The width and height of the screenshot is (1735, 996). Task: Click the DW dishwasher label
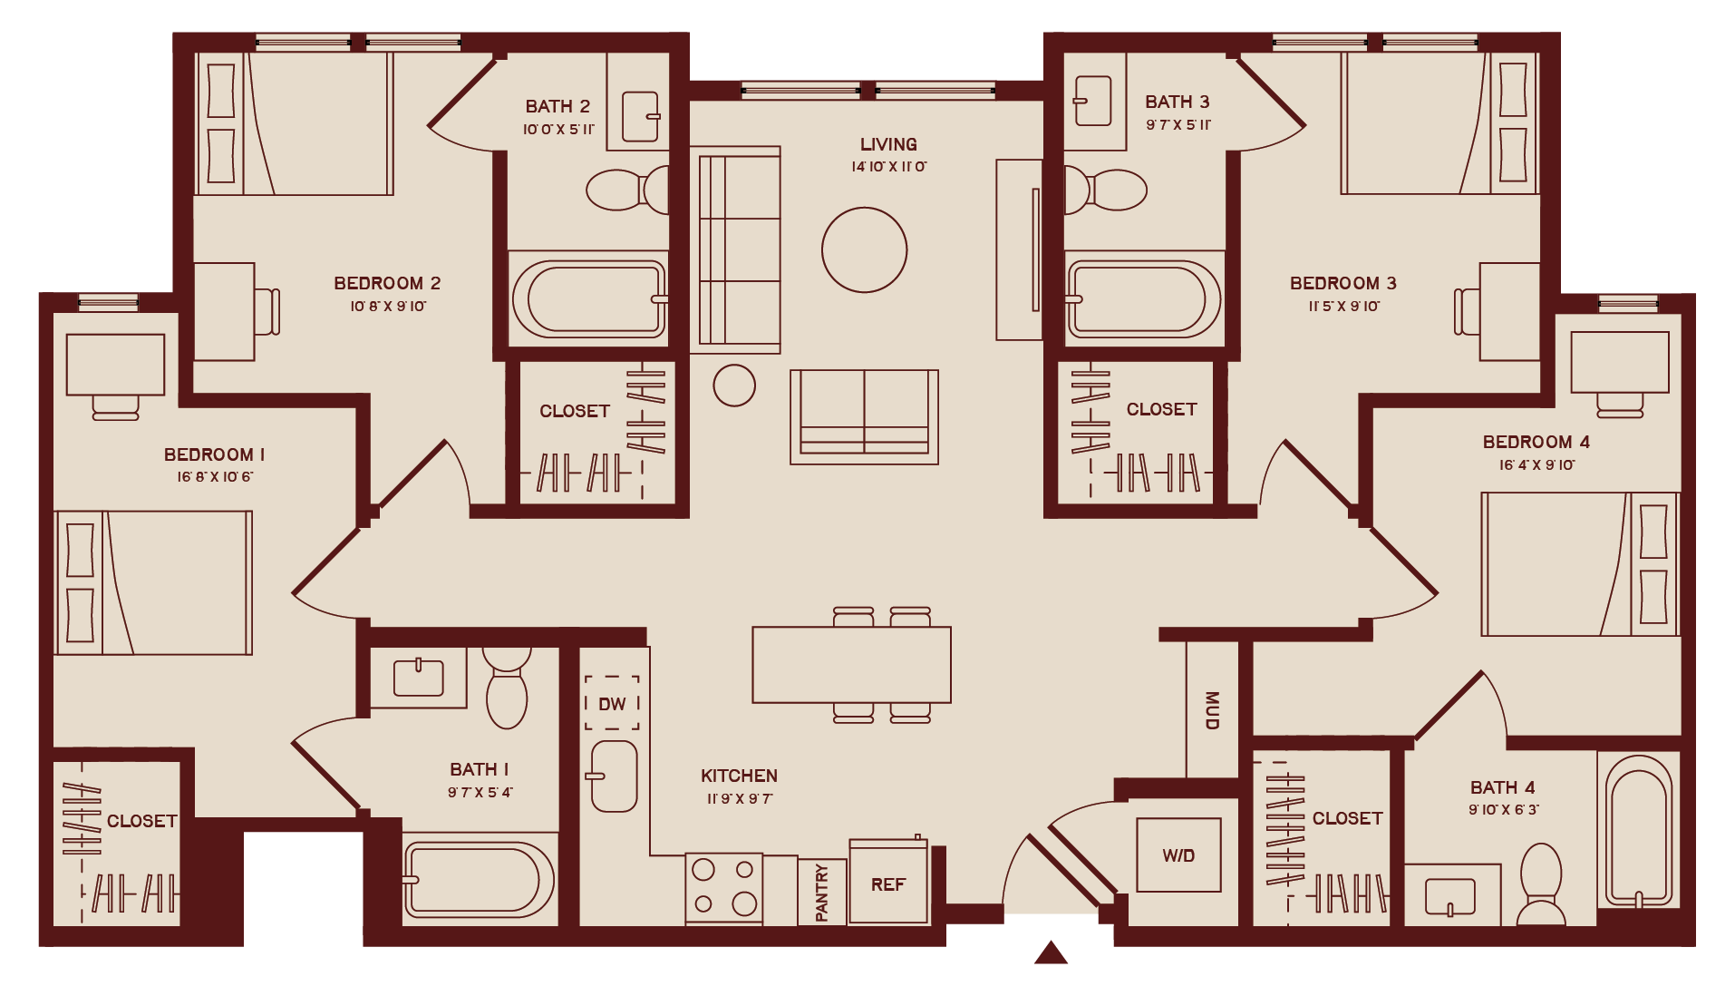click(612, 704)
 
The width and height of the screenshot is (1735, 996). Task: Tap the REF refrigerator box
click(888, 882)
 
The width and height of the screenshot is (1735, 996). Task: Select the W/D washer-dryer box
click(1178, 854)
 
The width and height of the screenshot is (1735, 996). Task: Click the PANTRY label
click(822, 893)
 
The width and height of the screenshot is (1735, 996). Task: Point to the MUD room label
click(1212, 710)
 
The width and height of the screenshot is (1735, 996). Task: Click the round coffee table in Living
click(864, 249)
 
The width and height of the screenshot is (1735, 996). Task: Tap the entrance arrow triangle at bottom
click(1051, 952)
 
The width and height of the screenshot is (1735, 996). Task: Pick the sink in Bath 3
click(1092, 100)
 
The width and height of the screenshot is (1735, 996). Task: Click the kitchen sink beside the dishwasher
click(614, 776)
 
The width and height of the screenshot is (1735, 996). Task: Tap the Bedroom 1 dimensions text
click(215, 477)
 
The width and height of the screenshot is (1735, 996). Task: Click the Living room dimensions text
click(888, 167)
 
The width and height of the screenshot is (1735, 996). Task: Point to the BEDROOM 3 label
click(1342, 283)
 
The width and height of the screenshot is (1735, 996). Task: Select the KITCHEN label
click(739, 776)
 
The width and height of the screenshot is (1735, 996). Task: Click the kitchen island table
click(851, 665)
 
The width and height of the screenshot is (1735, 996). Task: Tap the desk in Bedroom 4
click(1620, 362)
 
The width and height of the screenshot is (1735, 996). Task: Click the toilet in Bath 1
click(507, 687)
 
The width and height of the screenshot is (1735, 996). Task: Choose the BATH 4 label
click(1502, 787)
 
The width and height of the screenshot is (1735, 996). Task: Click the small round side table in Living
click(734, 386)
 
